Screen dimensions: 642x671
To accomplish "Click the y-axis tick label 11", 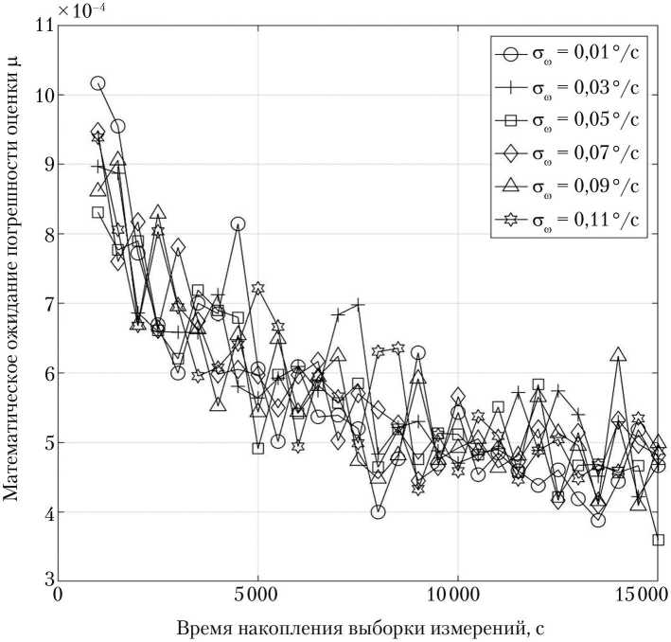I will pos(42,26).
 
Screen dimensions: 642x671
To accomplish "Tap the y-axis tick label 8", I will pos(45,234).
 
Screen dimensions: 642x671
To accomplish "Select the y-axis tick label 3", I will pos(45,581).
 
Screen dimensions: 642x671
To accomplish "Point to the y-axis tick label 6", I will pos(45,373).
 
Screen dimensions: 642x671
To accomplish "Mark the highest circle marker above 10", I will pos(97,83).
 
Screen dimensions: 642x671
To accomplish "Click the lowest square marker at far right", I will pos(658,540).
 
